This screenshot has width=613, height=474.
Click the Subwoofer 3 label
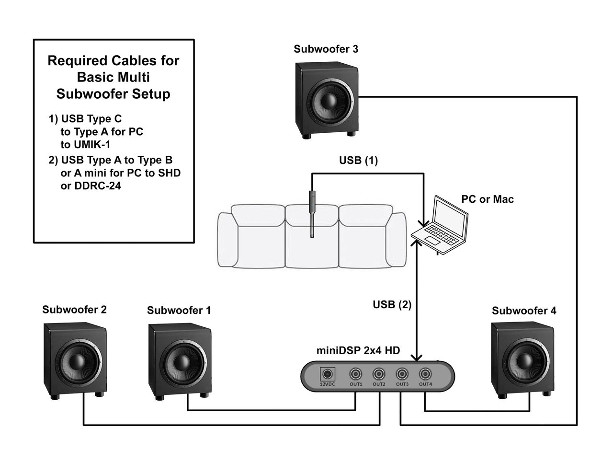[x=326, y=49]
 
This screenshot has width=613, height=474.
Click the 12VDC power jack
[x=328, y=374]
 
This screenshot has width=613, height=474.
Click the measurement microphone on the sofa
[x=312, y=213]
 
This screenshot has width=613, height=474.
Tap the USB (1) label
[x=358, y=161]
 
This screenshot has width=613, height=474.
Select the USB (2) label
[x=392, y=304]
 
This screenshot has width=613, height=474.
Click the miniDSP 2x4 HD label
[x=358, y=350]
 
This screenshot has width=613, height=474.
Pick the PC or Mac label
[x=487, y=199]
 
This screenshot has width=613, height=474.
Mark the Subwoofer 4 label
[x=524, y=311]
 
